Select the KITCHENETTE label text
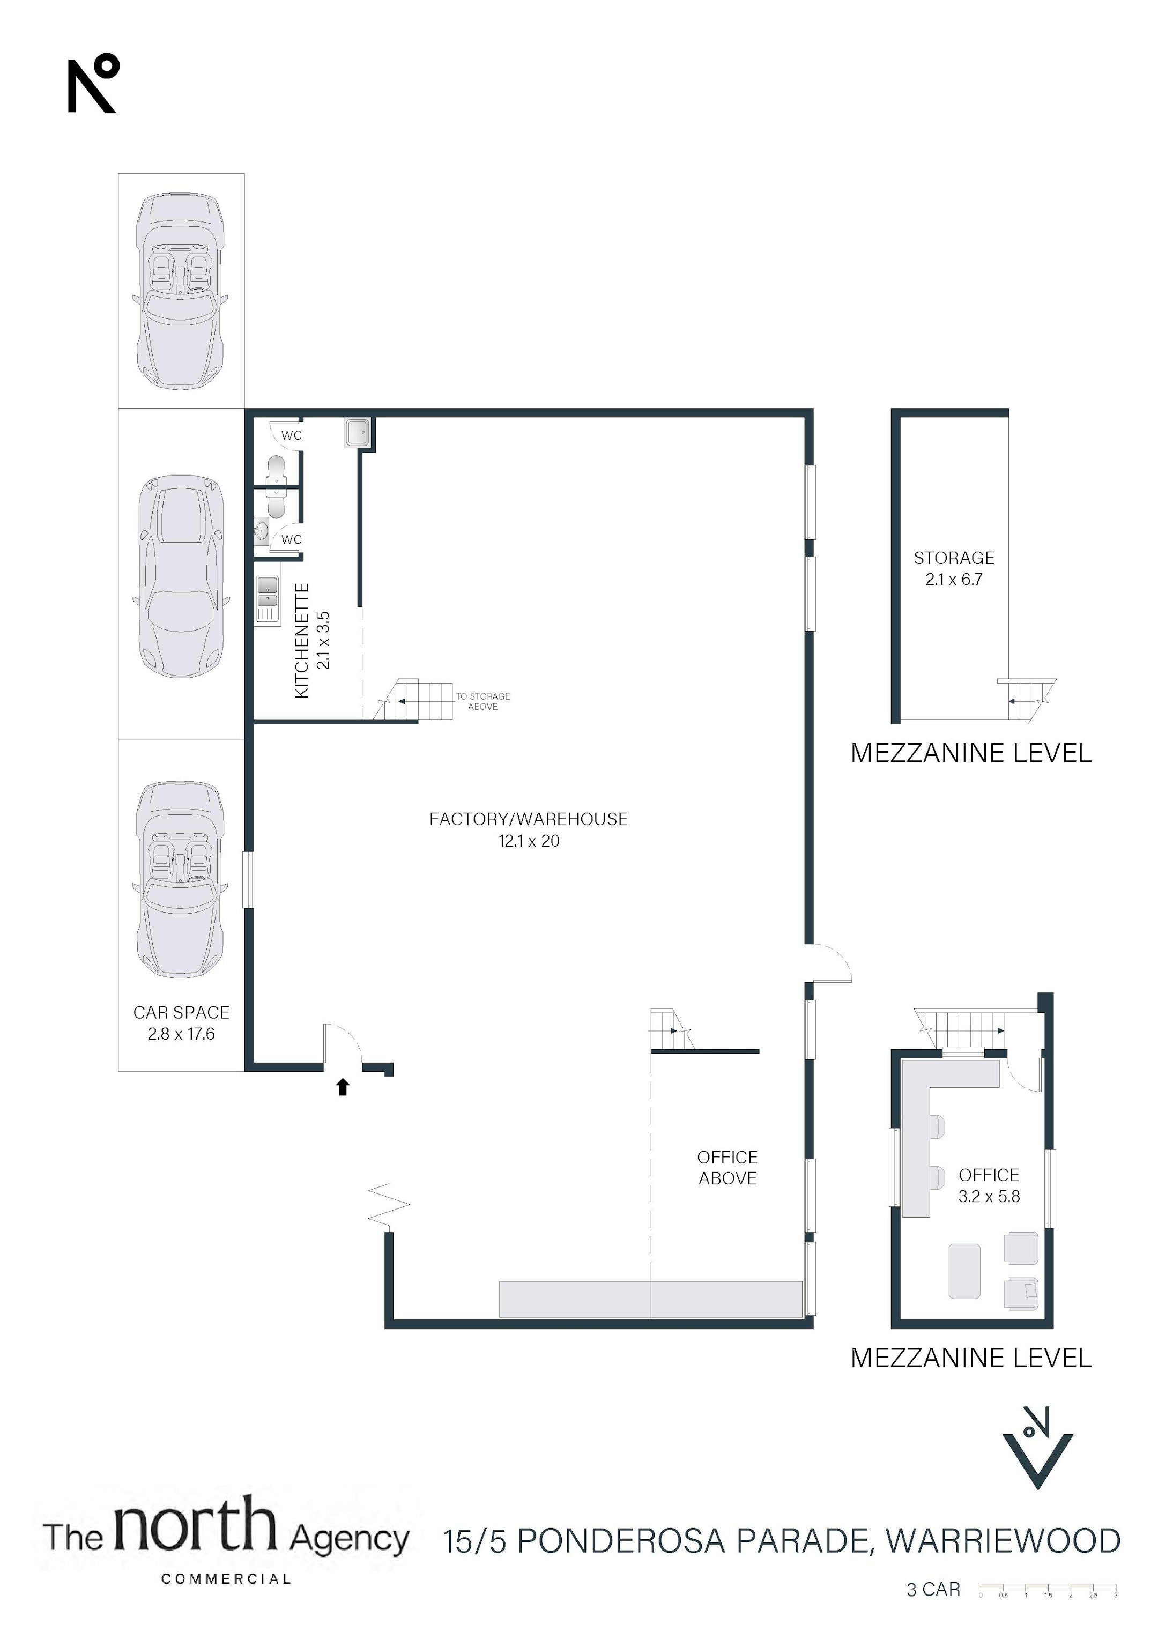[302, 640]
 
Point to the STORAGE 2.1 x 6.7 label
[954, 568]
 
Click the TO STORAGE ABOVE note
[482, 701]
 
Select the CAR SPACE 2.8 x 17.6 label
[181, 1023]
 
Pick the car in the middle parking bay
[181, 576]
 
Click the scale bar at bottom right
[1048, 1589]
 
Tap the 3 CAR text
[933, 1589]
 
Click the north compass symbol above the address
[1037, 1447]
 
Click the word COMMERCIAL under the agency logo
[226, 1579]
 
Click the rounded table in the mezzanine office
[964, 1271]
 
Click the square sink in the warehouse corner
[357, 432]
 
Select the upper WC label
[291, 435]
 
